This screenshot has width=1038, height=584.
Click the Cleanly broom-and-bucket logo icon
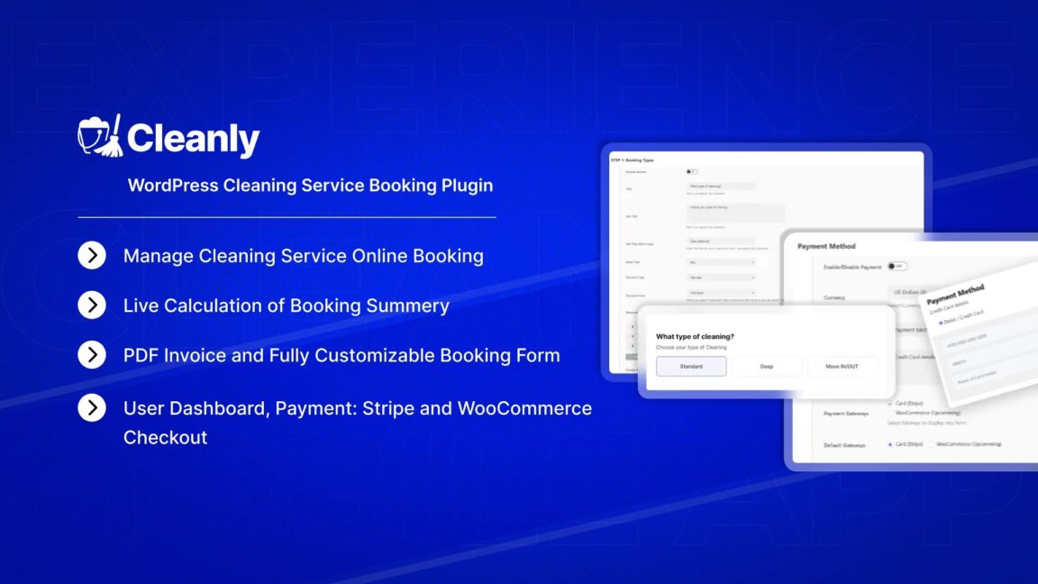click(99, 136)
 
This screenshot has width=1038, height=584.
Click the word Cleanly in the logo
click(193, 140)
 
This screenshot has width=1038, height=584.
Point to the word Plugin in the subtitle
click(467, 186)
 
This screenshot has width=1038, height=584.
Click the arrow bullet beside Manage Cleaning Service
click(92, 256)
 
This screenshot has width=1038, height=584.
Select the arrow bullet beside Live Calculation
click(92, 306)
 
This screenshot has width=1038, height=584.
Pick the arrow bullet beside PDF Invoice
click(92, 355)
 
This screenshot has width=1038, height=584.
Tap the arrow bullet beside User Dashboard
click(92, 408)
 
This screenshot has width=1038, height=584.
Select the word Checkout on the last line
click(166, 437)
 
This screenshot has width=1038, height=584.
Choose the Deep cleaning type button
click(766, 367)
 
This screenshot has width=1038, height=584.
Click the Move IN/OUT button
click(842, 367)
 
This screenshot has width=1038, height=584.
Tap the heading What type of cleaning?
click(695, 337)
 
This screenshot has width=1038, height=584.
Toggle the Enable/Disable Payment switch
click(897, 267)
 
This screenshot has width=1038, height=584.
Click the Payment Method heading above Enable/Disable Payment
click(826, 246)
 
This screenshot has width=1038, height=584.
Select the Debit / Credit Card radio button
click(942, 322)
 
